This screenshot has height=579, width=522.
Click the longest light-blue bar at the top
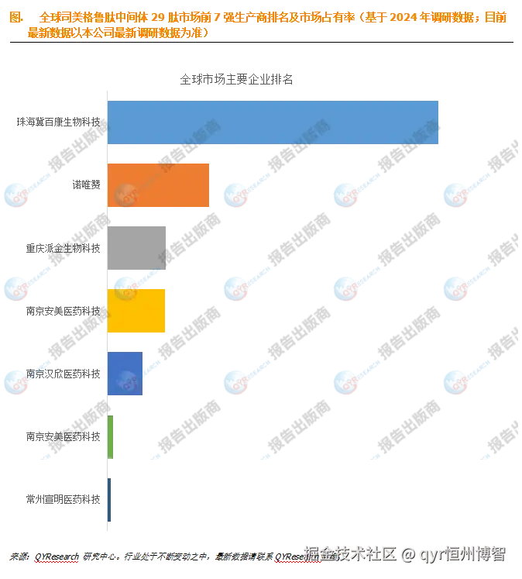[273, 122]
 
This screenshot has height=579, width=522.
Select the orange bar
[159, 185]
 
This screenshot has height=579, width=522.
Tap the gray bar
[137, 247]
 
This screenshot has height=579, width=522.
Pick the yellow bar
[137, 311]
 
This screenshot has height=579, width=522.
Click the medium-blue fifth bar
[125, 374]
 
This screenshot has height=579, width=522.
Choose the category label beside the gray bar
[63, 248]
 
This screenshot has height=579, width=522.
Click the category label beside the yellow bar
[63, 311]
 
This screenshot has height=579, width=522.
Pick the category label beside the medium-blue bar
[63, 374]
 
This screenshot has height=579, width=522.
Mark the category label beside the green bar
[63, 436]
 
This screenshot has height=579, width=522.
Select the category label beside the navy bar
[63, 499]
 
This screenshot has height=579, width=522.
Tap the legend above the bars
[236, 78]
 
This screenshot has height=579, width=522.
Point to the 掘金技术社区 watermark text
[349, 553]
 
